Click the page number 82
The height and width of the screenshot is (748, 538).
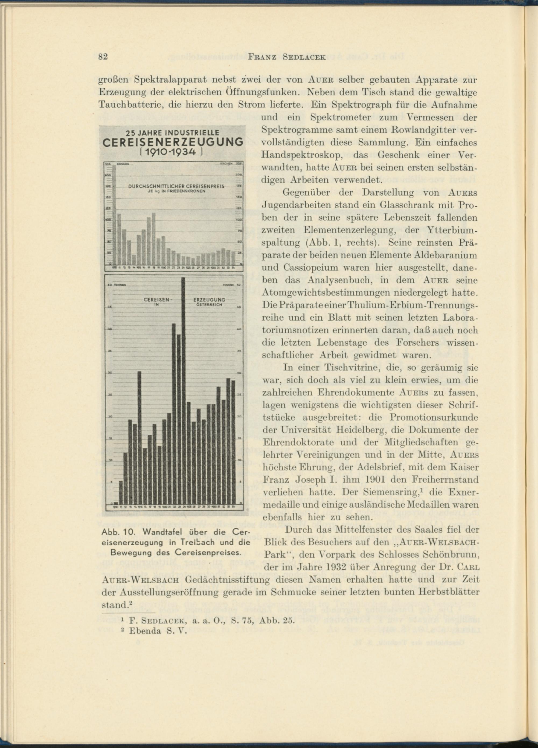click(103, 57)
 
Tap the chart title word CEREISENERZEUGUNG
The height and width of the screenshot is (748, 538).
click(173, 142)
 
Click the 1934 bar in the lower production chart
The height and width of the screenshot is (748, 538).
click(233, 441)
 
